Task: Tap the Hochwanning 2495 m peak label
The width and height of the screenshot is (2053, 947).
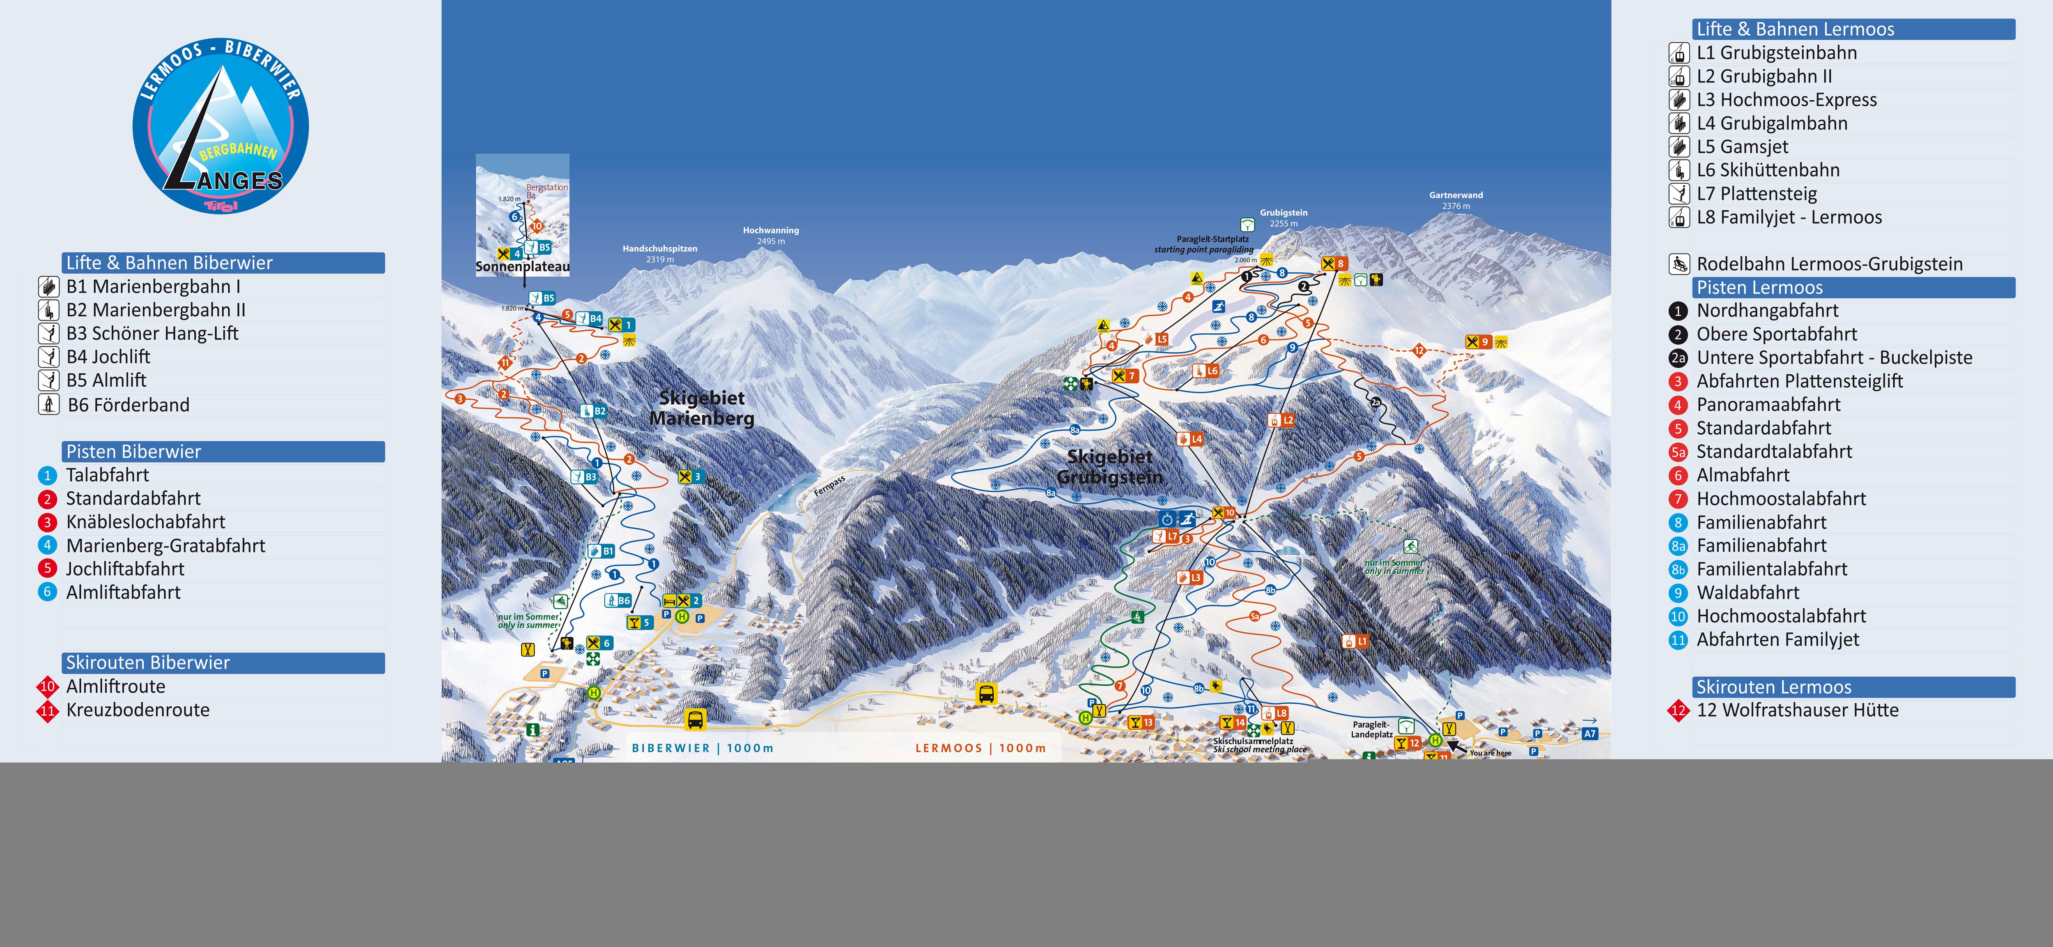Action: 771,235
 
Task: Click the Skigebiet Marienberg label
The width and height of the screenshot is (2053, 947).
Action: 701,408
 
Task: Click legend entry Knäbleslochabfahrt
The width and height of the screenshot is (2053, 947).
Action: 145,522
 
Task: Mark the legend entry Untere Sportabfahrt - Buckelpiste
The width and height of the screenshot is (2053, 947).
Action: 1834,358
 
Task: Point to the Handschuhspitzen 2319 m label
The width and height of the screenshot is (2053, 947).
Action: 660,253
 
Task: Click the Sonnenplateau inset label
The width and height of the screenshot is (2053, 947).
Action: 523,267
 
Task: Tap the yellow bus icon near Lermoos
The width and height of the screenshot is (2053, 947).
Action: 987,694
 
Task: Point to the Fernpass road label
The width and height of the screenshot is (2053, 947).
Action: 829,487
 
